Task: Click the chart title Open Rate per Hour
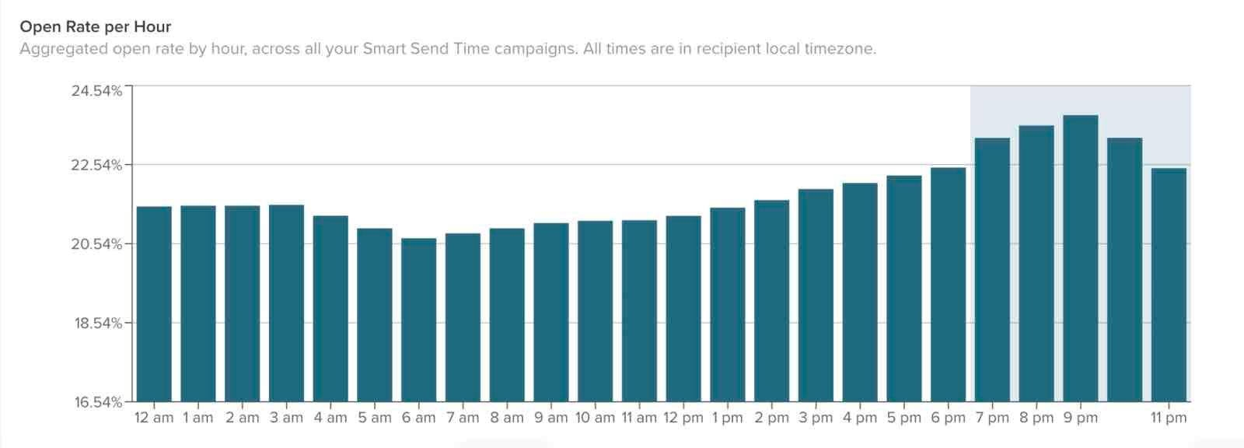95,26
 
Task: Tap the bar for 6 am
418,320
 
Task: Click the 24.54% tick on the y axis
97,91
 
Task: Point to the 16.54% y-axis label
98,402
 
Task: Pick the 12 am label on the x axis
154,418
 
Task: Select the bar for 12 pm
683,309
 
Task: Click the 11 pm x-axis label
1169,418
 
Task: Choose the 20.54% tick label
97,244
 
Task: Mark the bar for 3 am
286,303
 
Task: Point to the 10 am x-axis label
595,418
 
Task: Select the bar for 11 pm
1169,285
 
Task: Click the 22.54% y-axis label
97,165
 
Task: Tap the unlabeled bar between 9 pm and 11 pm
1124,270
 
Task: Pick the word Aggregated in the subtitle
64,49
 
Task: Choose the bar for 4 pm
860,292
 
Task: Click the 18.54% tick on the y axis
98,323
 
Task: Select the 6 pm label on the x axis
948,418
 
